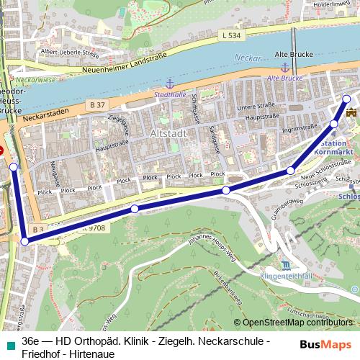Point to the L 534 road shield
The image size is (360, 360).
[x=232, y=35]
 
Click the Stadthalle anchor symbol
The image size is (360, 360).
[x=170, y=85]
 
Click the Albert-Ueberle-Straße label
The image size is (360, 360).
[x=69, y=52]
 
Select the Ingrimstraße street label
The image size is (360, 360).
[x=281, y=130]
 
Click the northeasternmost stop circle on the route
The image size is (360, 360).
[x=346, y=99]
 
